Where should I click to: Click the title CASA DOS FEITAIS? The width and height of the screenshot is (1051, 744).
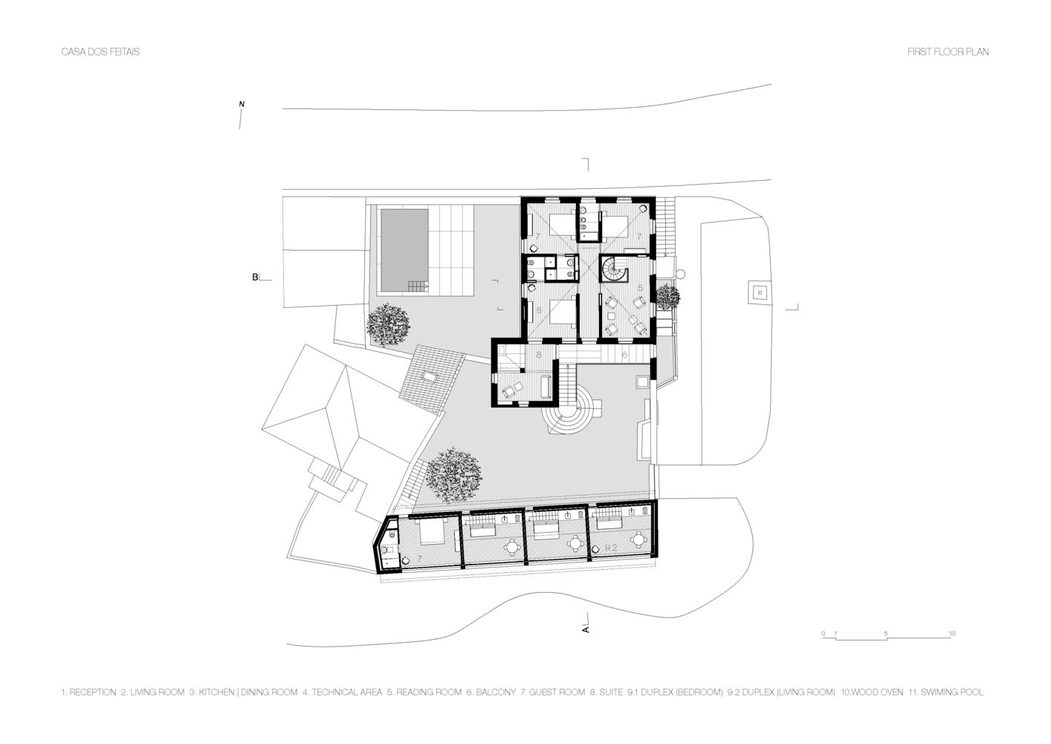click(x=100, y=52)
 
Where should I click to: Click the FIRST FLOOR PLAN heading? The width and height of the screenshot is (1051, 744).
click(x=948, y=52)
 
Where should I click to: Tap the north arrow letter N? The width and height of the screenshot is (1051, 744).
click(x=241, y=103)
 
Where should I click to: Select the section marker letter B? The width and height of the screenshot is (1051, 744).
click(x=255, y=278)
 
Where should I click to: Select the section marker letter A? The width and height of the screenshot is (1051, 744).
click(x=586, y=629)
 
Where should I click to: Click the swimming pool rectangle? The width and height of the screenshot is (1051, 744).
click(x=404, y=248)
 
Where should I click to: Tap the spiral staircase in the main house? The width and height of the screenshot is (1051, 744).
click(x=613, y=269)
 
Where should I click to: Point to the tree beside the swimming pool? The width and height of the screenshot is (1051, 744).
click(x=387, y=324)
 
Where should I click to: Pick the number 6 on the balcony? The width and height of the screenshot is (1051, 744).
click(x=624, y=356)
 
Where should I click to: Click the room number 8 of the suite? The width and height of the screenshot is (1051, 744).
click(x=538, y=355)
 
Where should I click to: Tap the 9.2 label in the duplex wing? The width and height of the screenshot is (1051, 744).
click(x=612, y=547)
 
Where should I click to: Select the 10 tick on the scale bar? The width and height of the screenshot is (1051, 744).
click(x=952, y=633)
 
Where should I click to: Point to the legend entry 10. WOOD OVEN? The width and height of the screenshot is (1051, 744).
click(x=873, y=692)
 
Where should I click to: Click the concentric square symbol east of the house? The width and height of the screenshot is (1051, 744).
click(x=759, y=292)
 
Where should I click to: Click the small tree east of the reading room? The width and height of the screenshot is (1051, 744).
click(x=668, y=296)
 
